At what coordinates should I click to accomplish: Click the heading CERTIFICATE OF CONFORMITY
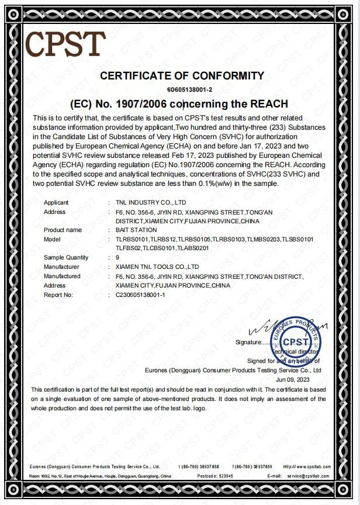(182, 75)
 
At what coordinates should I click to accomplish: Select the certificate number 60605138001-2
(182, 89)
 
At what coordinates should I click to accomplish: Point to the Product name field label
(63, 230)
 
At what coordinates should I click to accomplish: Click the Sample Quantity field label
(66, 258)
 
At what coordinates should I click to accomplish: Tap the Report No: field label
(58, 295)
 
